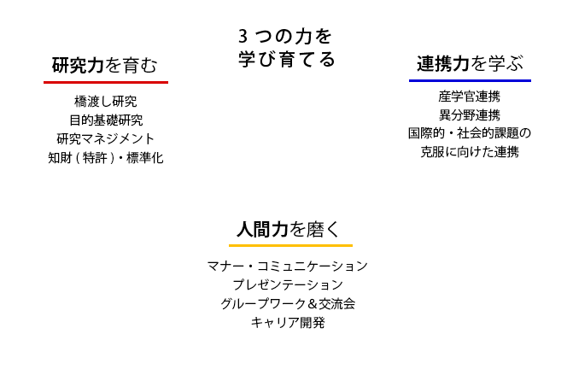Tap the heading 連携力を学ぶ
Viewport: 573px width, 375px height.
pyautogui.click(x=469, y=64)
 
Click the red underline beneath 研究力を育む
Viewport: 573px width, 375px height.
pyautogui.click(x=106, y=82)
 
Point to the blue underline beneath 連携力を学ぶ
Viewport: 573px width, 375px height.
pyautogui.click(x=470, y=80)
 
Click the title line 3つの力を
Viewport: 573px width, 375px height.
pyautogui.click(x=285, y=38)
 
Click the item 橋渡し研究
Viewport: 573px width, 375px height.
pyautogui.click(x=106, y=102)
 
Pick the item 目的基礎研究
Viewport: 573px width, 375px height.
pyautogui.click(x=106, y=120)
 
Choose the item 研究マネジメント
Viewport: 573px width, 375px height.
pyautogui.click(x=106, y=139)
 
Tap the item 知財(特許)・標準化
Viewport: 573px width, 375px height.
pyautogui.click(x=106, y=158)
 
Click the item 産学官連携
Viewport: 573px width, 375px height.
pyautogui.click(x=469, y=96)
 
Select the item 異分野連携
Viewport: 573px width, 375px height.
pyautogui.click(x=469, y=114)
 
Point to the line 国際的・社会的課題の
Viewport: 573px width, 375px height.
pyautogui.click(x=469, y=133)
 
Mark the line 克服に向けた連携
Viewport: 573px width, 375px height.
pyautogui.click(x=469, y=152)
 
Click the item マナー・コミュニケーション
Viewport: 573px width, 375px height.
pyautogui.click(x=287, y=266)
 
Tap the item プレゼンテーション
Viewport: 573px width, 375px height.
pyautogui.click(x=287, y=284)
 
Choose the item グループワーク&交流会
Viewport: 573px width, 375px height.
pyautogui.click(x=287, y=303)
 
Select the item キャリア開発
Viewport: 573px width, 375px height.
pyautogui.click(x=287, y=323)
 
